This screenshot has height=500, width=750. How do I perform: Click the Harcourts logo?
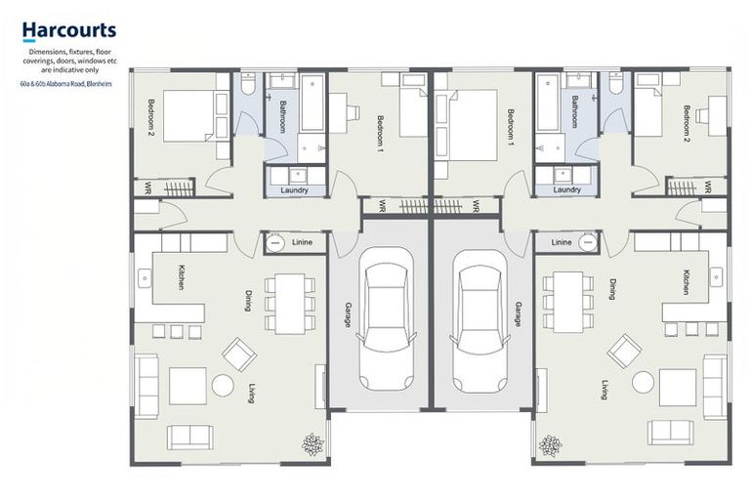69,31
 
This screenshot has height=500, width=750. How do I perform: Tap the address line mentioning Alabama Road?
66,84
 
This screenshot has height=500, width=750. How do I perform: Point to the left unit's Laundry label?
294,190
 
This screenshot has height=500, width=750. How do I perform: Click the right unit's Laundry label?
566,190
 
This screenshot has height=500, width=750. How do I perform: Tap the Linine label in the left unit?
303,242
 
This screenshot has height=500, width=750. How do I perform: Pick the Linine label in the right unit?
562,242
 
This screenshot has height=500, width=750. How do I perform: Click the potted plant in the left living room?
312,444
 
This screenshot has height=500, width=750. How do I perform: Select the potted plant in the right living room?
550,446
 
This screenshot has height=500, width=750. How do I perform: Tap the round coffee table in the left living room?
223,385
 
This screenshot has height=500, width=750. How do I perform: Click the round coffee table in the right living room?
643,382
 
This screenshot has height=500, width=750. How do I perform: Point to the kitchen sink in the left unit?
144,278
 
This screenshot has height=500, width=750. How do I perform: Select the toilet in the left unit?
249,84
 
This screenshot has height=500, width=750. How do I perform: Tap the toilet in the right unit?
615,84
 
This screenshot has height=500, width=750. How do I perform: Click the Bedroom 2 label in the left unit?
151,118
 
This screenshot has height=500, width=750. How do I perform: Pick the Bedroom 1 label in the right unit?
511,128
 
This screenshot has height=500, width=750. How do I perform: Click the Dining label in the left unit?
248,301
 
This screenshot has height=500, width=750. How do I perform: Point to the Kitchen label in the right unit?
687,282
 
